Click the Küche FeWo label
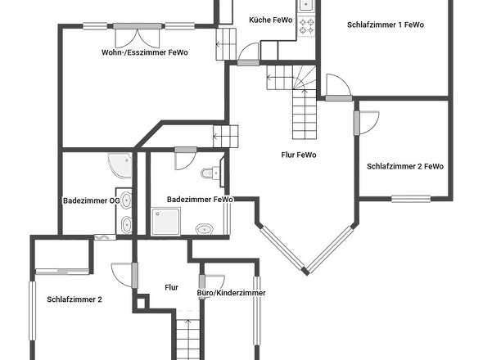pos(270,20)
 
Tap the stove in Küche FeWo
pos(306,26)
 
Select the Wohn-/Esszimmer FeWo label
pos(144,52)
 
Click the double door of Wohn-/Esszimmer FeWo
pos(138,36)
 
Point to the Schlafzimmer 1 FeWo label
pos(386,25)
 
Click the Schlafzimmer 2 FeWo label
pos(405,166)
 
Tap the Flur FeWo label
pos(299,155)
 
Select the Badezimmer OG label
pos(91,200)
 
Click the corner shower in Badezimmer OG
pos(120,165)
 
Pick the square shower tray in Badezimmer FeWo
pos(165,222)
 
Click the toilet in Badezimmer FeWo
pos(210,173)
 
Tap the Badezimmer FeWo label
pos(200,200)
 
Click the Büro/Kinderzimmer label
pos(231,293)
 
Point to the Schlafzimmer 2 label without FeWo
pos(74,299)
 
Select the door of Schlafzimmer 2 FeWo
pos(366,123)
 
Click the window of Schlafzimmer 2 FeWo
pos(411,199)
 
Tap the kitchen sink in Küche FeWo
pos(306,5)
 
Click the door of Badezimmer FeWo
pos(186,158)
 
